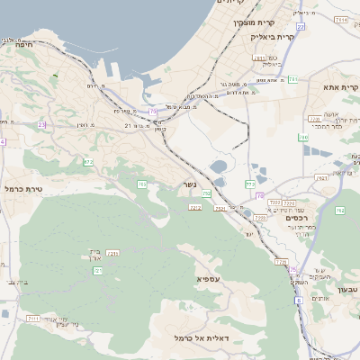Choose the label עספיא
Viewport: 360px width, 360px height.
(x=208, y=280)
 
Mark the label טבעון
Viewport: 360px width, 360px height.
(x=347, y=289)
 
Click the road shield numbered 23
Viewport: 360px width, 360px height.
(x=42, y=125)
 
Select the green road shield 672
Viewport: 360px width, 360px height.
(x=87, y=162)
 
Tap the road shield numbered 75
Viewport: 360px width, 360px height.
(x=154, y=112)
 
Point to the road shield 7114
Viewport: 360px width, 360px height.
(x=340, y=18)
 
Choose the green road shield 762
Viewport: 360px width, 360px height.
(x=339, y=210)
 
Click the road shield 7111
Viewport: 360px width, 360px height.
(x=32, y=319)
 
